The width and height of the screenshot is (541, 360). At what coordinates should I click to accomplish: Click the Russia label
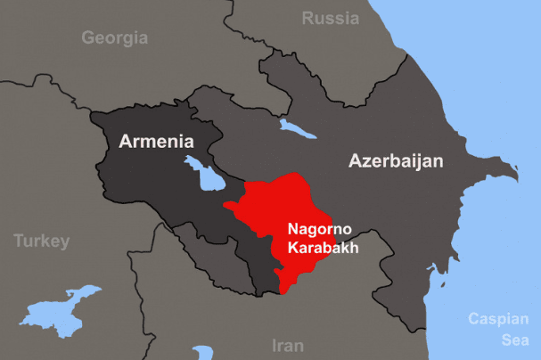point(331,18)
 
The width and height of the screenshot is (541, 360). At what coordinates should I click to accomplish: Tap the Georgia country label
point(114,37)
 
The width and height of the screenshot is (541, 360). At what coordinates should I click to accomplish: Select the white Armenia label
point(156,141)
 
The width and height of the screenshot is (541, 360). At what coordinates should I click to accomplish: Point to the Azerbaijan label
point(396,161)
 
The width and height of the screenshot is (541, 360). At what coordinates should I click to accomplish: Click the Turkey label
point(40,241)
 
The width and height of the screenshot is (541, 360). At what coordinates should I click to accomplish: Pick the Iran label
point(287,345)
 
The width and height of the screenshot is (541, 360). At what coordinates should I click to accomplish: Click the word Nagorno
point(316,228)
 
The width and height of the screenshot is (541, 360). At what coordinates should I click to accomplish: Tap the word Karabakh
point(322,248)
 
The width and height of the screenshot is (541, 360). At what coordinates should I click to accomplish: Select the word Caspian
point(504,318)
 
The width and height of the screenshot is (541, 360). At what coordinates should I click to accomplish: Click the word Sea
point(513,340)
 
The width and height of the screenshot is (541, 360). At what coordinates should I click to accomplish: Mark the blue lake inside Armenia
point(208,175)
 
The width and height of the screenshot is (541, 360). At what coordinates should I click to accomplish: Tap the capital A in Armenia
point(126,141)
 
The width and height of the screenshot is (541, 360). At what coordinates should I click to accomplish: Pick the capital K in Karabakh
point(292,248)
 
